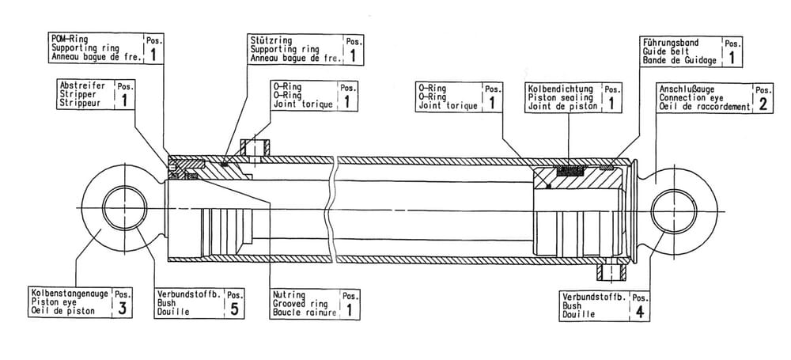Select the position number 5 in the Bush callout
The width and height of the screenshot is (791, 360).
(x=234, y=309)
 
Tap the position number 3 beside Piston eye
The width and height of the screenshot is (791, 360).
(x=122, y=309)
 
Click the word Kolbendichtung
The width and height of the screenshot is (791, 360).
(x=561, y=89)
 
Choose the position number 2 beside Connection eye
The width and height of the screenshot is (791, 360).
(x=763, y=104)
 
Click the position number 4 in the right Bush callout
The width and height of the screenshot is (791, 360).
(x=640, y=312)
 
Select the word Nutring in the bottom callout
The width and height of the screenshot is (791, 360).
(x=289, y=295)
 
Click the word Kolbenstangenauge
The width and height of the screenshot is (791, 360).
(x=70, y=294)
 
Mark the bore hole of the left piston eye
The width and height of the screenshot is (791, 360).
(x=125, y=209)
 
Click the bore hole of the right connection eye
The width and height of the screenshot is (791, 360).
(x=672, y=210)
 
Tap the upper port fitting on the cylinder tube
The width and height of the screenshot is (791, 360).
(x=255, y=148)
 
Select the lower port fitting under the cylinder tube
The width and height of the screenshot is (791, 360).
(x=611, y=271)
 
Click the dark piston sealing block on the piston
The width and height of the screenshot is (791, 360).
(x=570, y=172)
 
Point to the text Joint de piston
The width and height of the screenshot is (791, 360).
(x=562, y=107)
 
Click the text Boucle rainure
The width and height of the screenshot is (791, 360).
(x=305, y=313)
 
